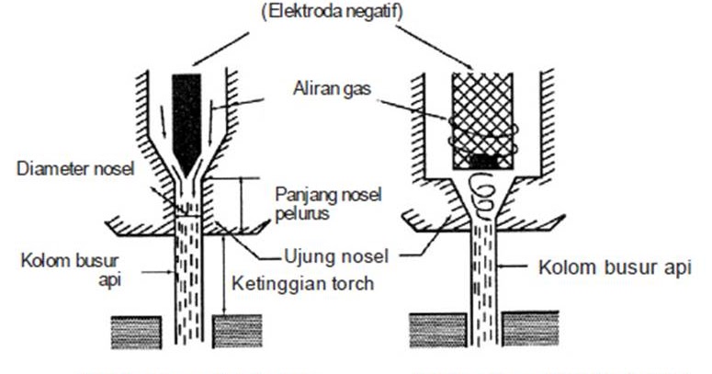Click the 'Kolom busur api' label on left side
[x=56, y=258]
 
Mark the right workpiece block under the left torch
[x=237, y=332]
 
